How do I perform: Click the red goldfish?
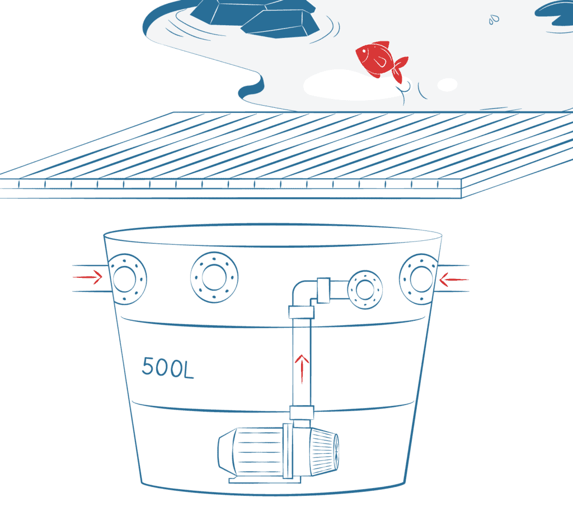[380, 60]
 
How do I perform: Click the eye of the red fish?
[363, 51]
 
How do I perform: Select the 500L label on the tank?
[167, 368]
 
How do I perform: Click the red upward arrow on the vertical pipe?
[302, 369]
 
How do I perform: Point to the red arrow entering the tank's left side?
[88, 277]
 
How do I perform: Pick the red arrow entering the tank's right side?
[454, 280]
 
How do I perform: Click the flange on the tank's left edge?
[127, 279]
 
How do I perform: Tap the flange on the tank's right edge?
[419, 279]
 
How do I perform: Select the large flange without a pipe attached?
[214, 277]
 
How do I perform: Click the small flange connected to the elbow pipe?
[365, 290]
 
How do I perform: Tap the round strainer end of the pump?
[325, 452]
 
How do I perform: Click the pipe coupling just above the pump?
[302, 413]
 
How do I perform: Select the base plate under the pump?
[265, 480]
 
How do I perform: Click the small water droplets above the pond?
[494, 20]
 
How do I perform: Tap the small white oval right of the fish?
[447, 85]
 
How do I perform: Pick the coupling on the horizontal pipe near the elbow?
[323, 290]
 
